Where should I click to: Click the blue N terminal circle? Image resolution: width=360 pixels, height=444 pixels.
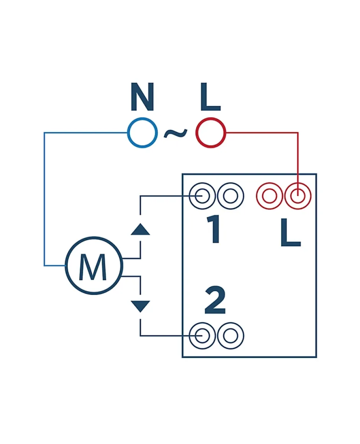[142, 133]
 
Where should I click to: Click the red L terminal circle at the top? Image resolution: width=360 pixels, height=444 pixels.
[210, 133]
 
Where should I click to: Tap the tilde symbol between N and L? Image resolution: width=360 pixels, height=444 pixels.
[176, 133]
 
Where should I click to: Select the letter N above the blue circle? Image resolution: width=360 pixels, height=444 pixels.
[142, 98]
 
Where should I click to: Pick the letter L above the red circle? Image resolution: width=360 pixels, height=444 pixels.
[210, 98]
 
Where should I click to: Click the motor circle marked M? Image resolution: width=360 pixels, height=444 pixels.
[94, 265]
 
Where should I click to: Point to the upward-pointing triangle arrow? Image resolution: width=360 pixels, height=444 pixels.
[141, 229]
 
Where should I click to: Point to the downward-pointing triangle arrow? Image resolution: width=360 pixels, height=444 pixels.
[141, 306]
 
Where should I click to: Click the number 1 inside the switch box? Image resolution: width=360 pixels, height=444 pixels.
[214, 230]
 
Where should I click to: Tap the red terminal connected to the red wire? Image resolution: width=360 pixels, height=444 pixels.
[298, 197]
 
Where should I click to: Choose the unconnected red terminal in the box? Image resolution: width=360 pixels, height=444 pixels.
[270, 197]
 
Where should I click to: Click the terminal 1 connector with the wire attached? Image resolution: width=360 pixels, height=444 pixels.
[203, 197]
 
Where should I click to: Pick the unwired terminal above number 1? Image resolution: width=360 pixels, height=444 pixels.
[231, 197]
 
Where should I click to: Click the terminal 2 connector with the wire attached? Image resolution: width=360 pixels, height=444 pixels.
[203, 336]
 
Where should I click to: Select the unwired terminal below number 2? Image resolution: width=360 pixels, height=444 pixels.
[231, 336]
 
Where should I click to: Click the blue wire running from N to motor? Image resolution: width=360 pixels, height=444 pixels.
[44, 199]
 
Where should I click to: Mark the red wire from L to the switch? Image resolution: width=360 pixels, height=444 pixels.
[298, 153]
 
